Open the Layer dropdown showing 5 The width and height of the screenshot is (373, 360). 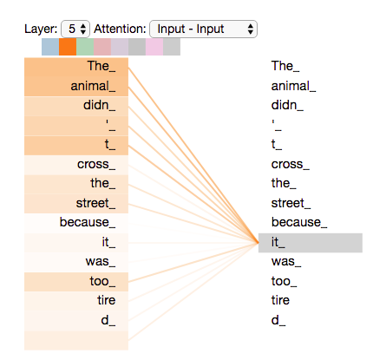75,29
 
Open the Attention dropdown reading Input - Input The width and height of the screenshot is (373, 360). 203,29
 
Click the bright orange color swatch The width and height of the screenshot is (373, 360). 68,47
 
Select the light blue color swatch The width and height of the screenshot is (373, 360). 50,47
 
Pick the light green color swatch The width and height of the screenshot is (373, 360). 85,47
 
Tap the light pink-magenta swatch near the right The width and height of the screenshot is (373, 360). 154,47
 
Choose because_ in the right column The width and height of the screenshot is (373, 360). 299,222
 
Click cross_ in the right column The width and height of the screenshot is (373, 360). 291,165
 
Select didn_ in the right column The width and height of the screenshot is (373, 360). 287,105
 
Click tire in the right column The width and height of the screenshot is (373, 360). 280,300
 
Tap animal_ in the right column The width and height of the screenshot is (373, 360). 293,86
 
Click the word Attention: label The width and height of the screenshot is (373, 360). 120,29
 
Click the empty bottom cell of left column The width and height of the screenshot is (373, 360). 76,340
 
